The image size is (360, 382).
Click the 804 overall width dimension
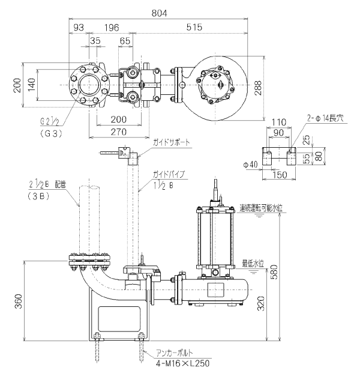(160, 13)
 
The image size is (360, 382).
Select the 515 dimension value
(194, 27)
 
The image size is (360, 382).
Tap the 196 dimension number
(112, 28)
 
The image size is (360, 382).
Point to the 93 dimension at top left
(79, 28)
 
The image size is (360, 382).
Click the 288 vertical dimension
(258, 88)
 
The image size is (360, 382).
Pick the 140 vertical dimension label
(31, 85)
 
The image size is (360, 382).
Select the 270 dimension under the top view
(119, 132)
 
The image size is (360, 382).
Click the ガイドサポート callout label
(172, 142)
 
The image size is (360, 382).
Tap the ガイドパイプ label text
(169, 174)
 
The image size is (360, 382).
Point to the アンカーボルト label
(175, 353)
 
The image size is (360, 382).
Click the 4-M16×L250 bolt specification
(183, 364)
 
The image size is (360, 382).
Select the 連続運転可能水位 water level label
(261, 208)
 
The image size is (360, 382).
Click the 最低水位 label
(253, 264)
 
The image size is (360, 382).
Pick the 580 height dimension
(274, 272)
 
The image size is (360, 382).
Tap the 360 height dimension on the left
(19, 302)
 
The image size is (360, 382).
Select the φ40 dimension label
(250, 165)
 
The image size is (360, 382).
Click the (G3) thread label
(50, 134)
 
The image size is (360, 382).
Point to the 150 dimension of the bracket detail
(280, 175)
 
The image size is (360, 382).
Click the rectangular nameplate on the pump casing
(215, 290)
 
